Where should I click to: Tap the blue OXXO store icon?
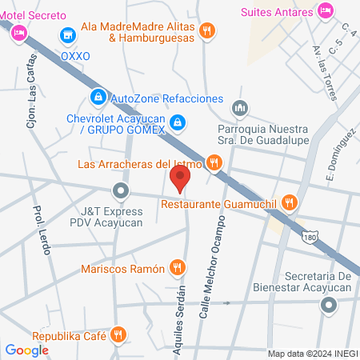tap(68, 35)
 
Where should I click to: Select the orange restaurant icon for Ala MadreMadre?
tap(207, 30)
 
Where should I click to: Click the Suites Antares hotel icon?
tap(325, 10)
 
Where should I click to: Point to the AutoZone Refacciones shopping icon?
tap(98, 98)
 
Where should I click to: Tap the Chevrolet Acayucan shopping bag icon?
tap(178, 123)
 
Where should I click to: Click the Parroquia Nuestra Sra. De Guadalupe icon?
tap(239, 108)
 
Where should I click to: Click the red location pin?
tap(180, 178)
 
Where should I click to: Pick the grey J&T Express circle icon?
tap(121, 190)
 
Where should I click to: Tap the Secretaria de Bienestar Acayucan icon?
tap(329, 305)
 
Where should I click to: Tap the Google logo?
tap(26, 350)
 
